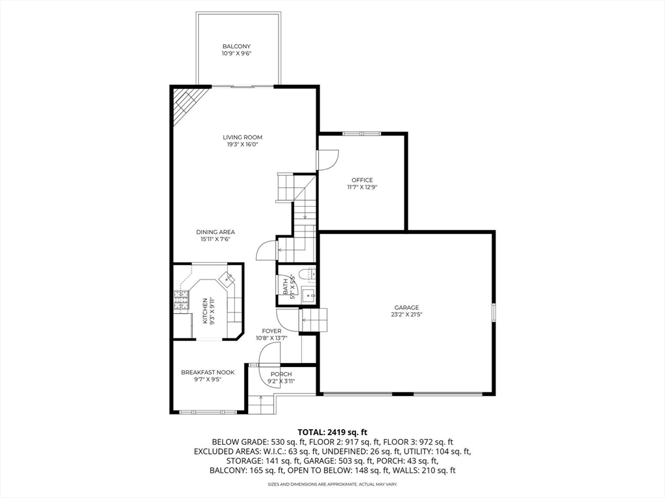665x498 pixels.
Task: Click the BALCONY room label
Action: [236, 47]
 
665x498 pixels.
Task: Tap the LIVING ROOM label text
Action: [242, 137]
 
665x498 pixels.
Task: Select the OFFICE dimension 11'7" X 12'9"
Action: [362, 187]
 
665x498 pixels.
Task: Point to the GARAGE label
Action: [407, 307]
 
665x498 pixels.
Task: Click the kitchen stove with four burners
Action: [180, 300]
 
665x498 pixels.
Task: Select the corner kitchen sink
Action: [227, 279]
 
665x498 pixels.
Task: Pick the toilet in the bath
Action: [308, 274]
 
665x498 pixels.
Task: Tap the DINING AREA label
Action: [216, 232]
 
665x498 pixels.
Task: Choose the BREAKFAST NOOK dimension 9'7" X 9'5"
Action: [207, 381]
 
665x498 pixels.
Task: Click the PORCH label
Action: [281, 374]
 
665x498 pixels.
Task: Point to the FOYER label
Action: [271, 331]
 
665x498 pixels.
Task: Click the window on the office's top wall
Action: [362, 134]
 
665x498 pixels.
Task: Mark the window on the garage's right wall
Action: [494, 312]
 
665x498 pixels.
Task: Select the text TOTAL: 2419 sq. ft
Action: [332, 431]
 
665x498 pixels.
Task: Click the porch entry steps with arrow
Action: [262, 404]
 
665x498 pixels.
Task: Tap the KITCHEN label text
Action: [206, 311]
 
